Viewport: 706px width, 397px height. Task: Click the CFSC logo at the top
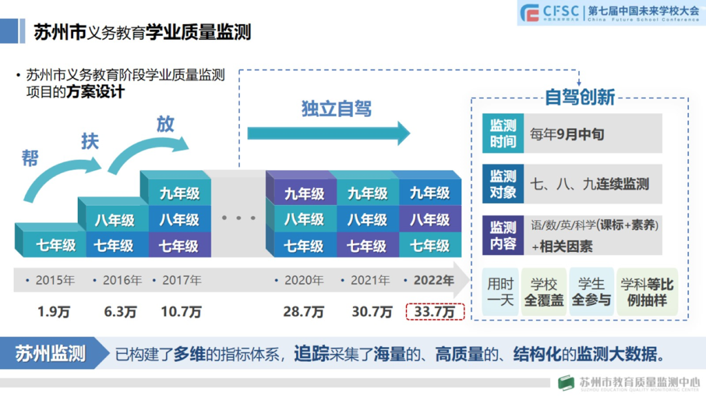pos(550,12)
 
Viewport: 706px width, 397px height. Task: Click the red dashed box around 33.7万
pos(435,311)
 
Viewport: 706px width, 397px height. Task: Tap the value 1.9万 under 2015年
pos(54,311)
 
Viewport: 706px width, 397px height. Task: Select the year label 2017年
pos(178,280)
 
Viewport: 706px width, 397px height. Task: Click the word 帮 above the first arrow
pos(30,158)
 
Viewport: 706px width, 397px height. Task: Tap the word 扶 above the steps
pos(90,141)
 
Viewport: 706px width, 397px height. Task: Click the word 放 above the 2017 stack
pos(165,124)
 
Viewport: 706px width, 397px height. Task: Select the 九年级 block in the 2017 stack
pos(178,193)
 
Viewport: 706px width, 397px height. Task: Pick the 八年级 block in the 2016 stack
pos(114,220)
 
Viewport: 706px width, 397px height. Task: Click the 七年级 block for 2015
pos(55,246)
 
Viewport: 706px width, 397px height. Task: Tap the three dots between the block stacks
pos(239,217)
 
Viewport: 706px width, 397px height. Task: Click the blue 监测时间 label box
pos(503,133)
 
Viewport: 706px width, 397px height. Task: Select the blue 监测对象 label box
pos(503,184)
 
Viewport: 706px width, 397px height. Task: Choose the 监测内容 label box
pos(503,235)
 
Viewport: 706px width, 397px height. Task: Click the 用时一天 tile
pos(501,292)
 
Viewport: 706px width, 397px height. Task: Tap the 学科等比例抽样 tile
pos(647,292)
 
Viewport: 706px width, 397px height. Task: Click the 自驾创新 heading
pos(580,97)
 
